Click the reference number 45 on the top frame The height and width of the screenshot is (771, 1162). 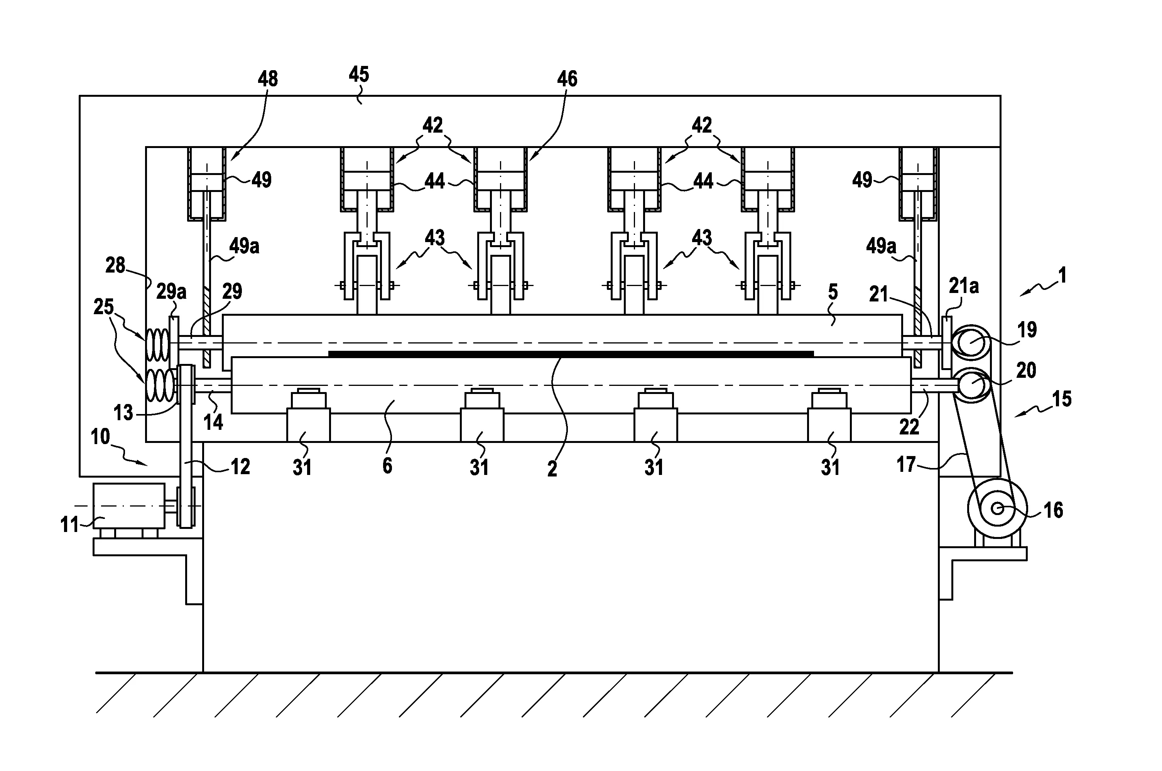pyautogui.click(x=359, y=75)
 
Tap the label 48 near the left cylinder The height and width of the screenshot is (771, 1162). pyautogui.click(x=268, y=79)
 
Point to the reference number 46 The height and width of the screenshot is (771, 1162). pyautogui.click(x=567, y=79)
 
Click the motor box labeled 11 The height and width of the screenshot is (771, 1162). pyautogui.click(x=129, y=505)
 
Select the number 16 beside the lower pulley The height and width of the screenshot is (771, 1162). pyautogui.click(x=1053, y=510)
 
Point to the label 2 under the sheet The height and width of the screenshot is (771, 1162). pyautogui.click(x=552, y=469)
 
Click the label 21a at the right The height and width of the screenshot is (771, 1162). pyautogui.click(x=964, y=286)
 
